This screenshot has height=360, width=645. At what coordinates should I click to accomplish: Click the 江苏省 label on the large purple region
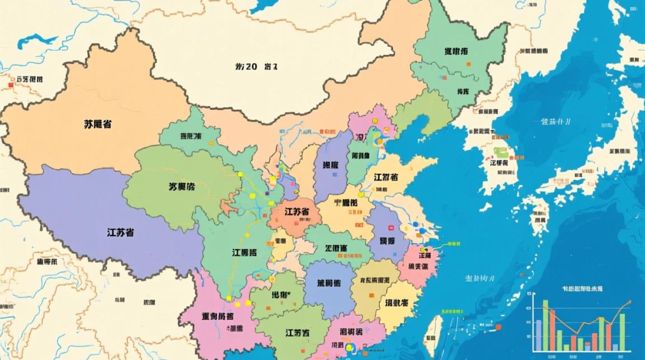[120, 233]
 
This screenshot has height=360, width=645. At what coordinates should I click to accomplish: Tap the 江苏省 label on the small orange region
[296, 212]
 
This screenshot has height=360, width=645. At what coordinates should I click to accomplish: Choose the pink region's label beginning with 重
[218, 316]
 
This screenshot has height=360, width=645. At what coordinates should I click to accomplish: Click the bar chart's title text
[583, 289]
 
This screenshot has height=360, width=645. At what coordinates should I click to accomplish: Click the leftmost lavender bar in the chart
[538, 335]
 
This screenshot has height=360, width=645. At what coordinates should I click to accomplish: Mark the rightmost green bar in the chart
[622, 332]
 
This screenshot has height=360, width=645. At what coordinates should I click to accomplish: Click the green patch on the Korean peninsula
[501, 152]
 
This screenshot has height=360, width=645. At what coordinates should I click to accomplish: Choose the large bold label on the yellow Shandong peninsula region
[386, 177]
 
